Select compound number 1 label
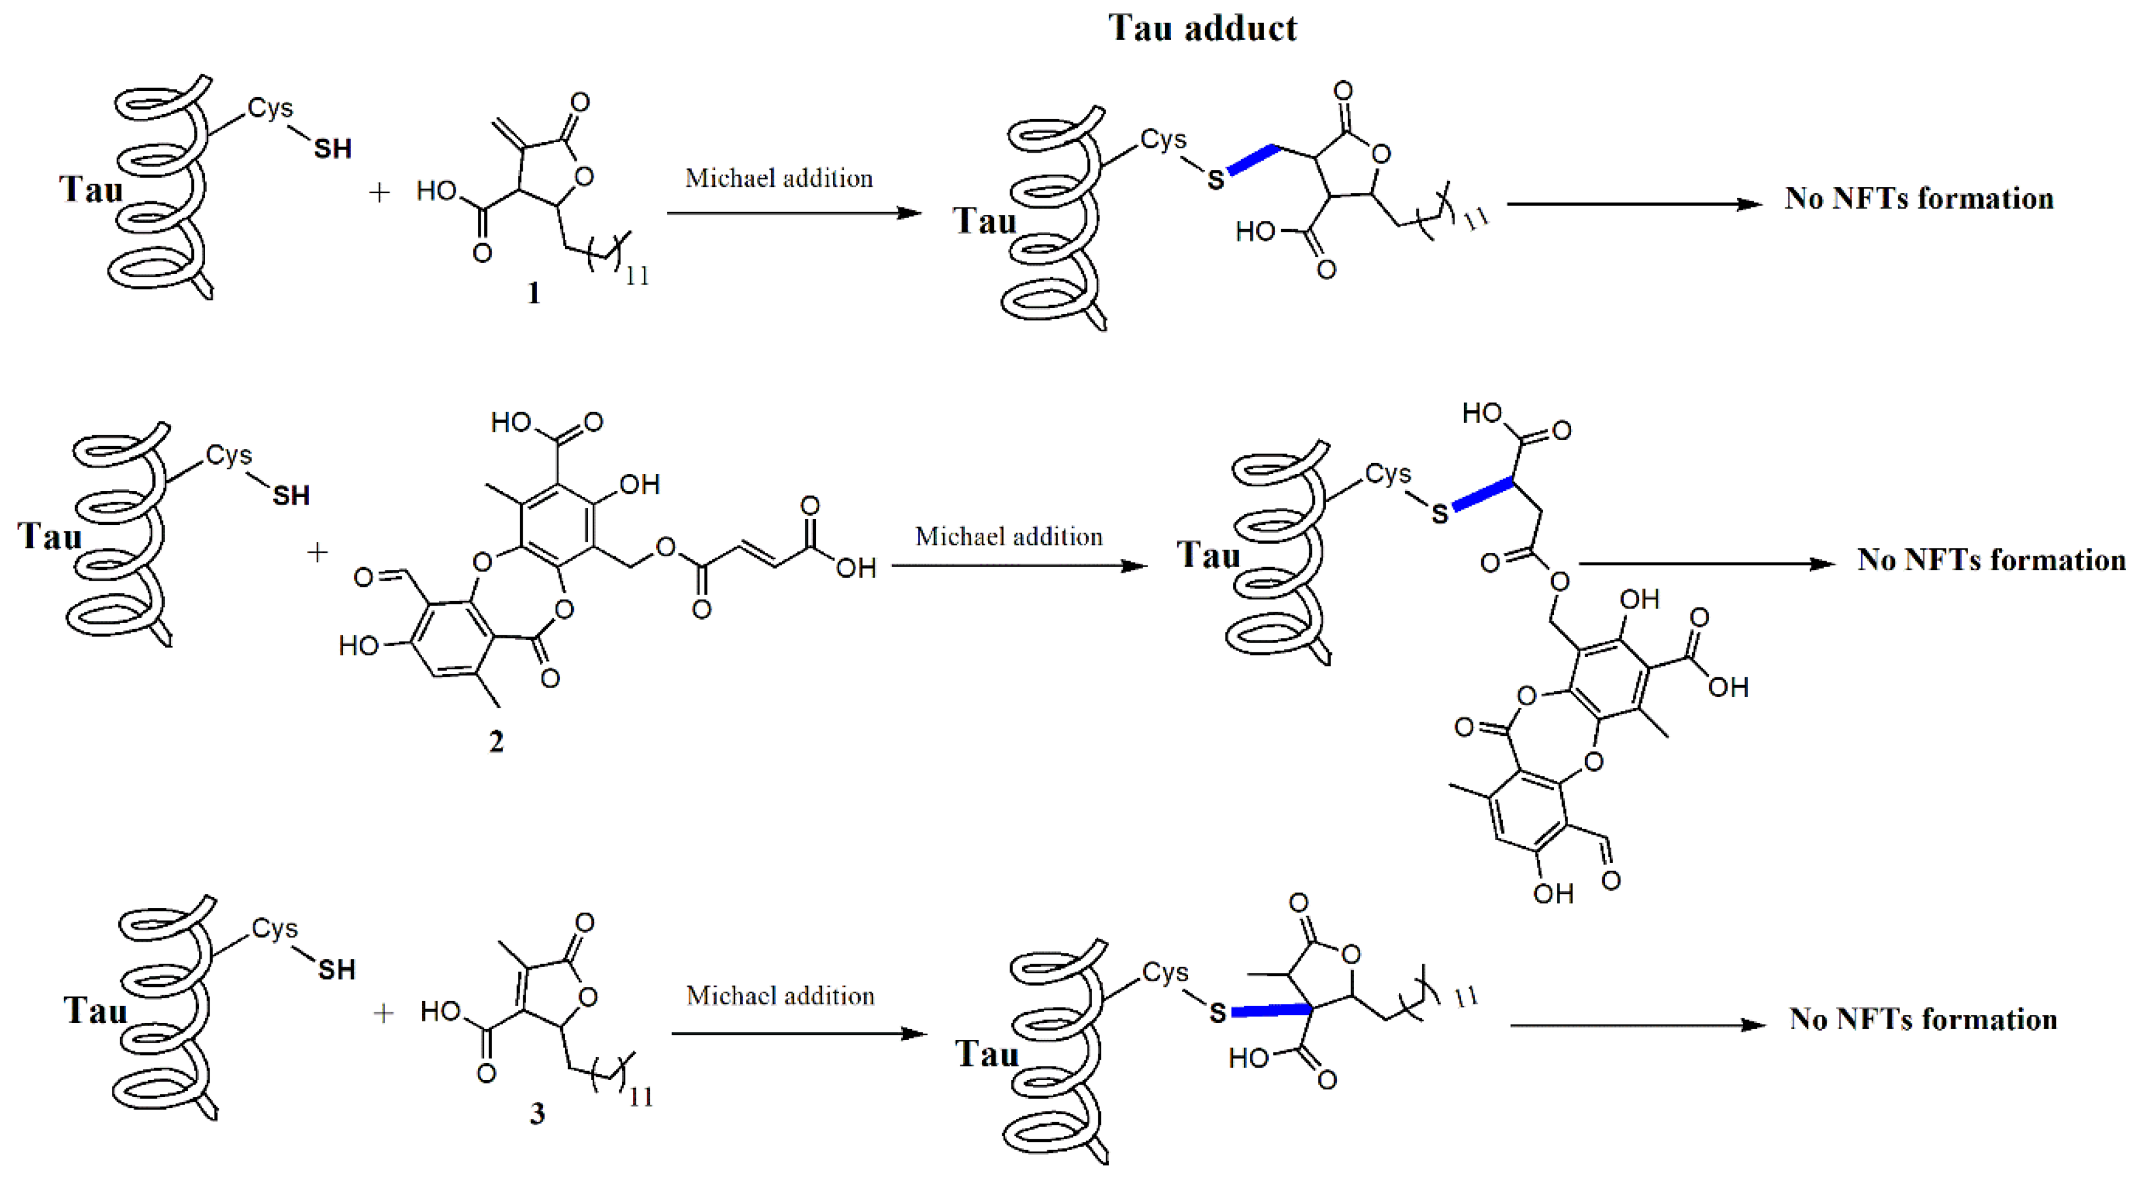tap(533, 293)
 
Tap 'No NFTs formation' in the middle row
tap(1991, 560)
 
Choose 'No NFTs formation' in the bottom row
tap(1923, 1019)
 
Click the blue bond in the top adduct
tap(1253, 160)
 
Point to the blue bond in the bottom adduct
tap(1270, 1010)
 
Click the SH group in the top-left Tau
tap(332, 149)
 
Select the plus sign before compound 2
tap(318, 551)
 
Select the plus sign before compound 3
tap(383, 1013)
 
